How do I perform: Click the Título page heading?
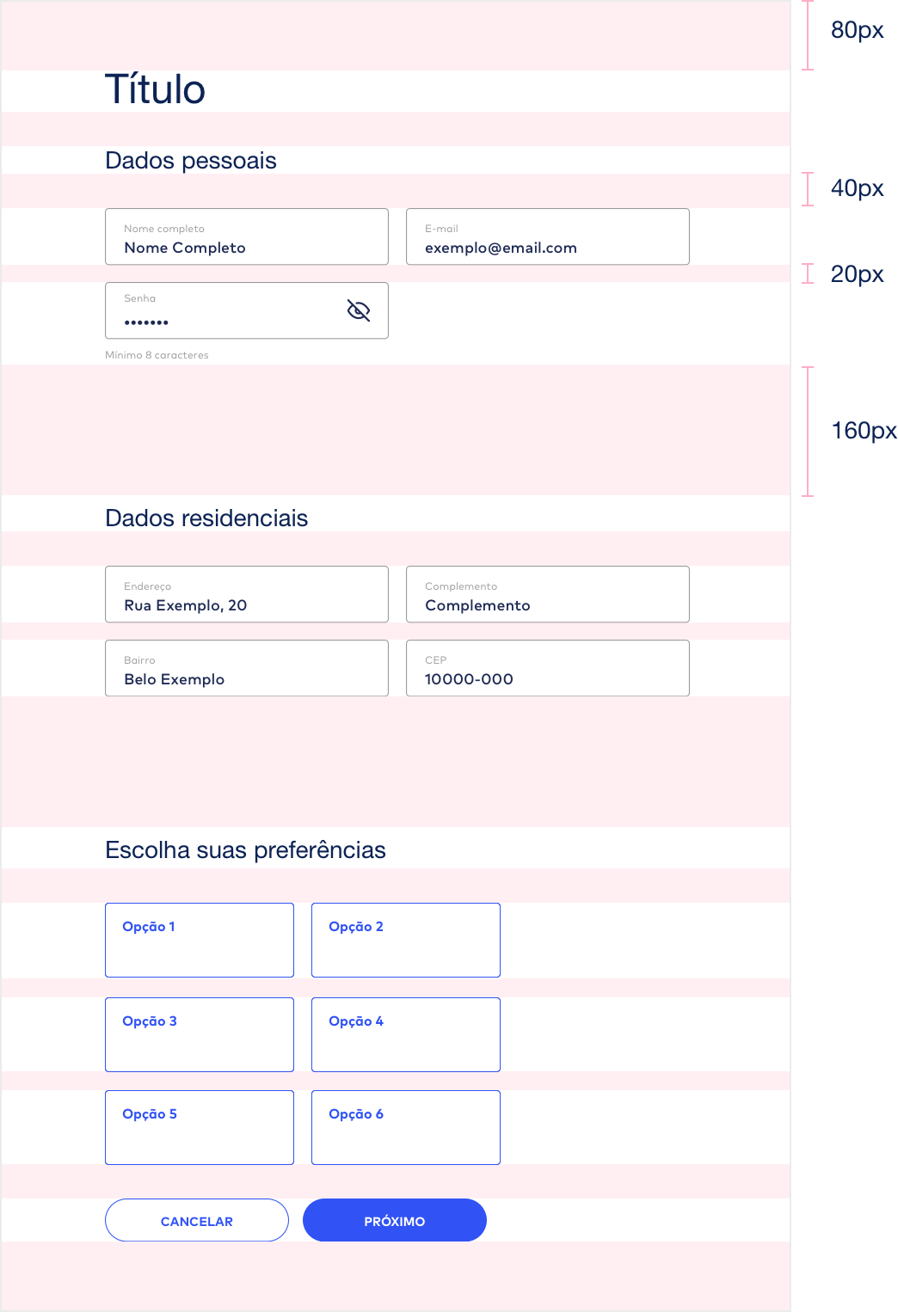tap(155, 89)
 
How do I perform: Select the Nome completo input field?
tap(247, 236)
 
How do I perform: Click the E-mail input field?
tap(547, 236)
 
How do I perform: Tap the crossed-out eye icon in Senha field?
tap(359, 310)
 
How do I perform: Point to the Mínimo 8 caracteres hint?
tap(157, 355)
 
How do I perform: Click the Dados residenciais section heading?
tap(206, 518)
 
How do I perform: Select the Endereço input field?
tap(247, 594)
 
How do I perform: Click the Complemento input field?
tap(547, 594)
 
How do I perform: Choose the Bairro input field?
tap(247, 668)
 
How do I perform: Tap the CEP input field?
tap(547, 668)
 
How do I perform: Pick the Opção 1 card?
tap(200, 940)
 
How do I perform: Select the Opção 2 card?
tap(406, 940)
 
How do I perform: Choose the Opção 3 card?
tap(200, 1034)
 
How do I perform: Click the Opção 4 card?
tap(406, 1034)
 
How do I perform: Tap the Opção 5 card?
tap(200, 1127)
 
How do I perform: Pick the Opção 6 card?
tap(406, 1127)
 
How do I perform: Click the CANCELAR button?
tap(197, 1220)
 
